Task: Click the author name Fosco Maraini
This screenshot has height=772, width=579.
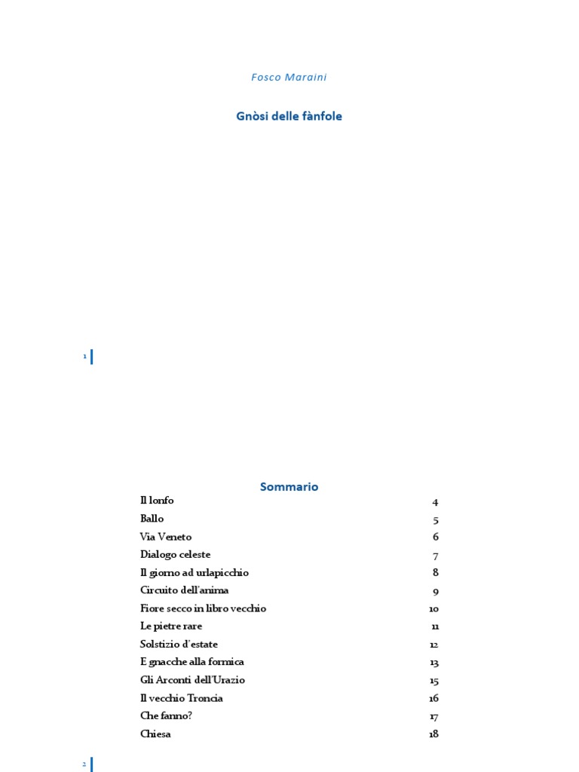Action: tap(289, 77)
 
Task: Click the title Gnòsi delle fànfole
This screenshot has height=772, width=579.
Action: tap(289, 116)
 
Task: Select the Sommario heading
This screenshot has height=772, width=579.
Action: tap(289, 487)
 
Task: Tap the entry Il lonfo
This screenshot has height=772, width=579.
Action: tap(157, 501)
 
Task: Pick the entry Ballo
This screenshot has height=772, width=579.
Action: tap(152, 519)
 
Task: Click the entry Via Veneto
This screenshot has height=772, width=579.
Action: tap(166, 537)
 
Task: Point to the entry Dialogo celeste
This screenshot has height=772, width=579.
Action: tap(175, 554)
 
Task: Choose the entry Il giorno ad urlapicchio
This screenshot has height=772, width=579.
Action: tap(194, 572)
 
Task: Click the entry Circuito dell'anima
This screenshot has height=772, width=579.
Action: tap(184, 590)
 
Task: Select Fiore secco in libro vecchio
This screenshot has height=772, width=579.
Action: tap(203, 608)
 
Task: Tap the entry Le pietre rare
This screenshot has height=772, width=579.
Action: tap(171, 626)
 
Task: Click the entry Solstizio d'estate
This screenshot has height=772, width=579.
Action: tap(179, 644)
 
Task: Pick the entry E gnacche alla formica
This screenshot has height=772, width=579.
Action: tap(191, 662)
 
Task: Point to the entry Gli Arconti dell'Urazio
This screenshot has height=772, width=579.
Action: tap(192, 680)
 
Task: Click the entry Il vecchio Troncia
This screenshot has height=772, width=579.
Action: tap(181, 698)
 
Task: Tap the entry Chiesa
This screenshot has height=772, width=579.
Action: tap(155, 734)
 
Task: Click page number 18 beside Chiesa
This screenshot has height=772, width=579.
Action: tap(433, 734)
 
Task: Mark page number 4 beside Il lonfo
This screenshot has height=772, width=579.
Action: tap(435, 502)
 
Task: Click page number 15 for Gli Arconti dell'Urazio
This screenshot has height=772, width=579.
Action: tap(433, 681)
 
